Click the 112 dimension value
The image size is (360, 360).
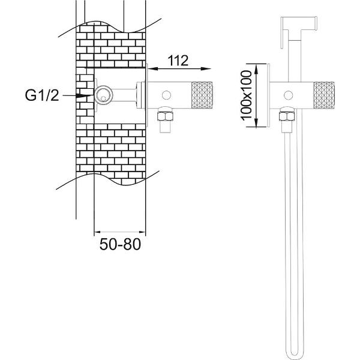(x=178, y=61)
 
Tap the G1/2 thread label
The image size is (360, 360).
(x=42, y=95)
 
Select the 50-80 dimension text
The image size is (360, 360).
(x=120, y=244)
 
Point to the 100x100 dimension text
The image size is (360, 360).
(x=247, y=95)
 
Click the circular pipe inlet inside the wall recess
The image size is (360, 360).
(x=104, y=95)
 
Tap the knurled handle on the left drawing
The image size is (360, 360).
(x=202, y=95)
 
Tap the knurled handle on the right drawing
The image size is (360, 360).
(x=324, y=95)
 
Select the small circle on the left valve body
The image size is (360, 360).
(x=166, y=95)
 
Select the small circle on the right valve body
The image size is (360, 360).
(x=289, y=95)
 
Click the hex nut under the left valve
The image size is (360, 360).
(x=165, y=116)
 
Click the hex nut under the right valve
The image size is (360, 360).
(x=287, y=116)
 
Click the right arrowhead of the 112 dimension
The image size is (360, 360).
(x=206, y=68)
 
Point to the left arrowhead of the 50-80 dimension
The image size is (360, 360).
(x=98, y=232)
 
